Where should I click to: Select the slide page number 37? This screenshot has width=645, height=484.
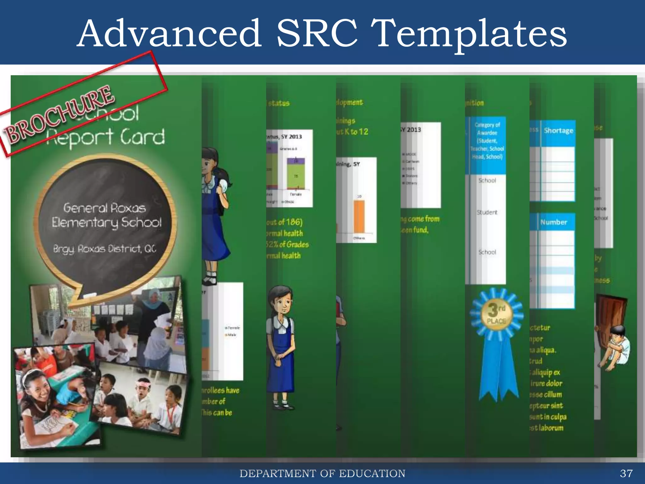tap(626, 473)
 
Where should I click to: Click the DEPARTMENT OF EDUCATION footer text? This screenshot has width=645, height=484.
tap(322, 474)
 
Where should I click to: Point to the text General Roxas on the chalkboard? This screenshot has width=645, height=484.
tap(105, 208)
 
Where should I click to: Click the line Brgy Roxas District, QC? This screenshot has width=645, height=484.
tap(105, 249)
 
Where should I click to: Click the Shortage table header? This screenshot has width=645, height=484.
tap(558, 131)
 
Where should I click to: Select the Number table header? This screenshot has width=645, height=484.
tap(554, 222)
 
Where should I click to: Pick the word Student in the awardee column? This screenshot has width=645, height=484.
tap(487, 212)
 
